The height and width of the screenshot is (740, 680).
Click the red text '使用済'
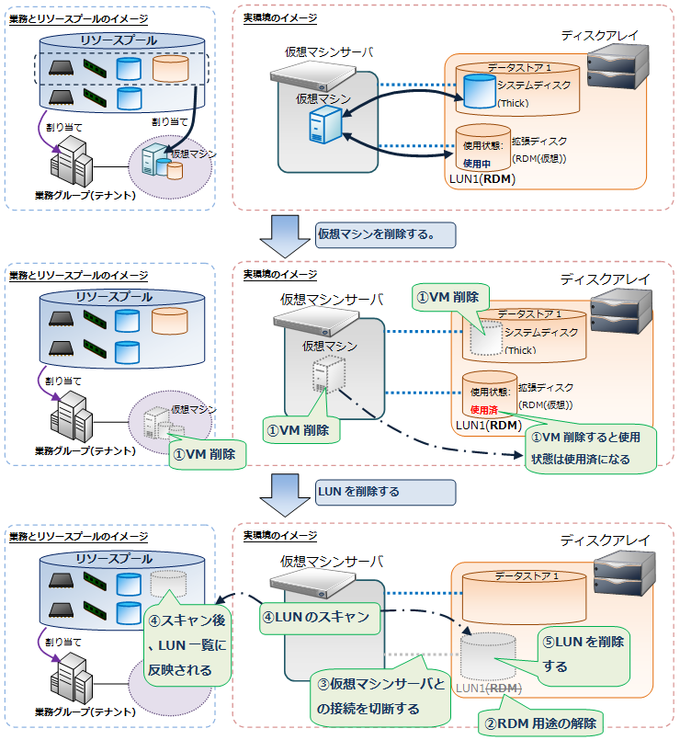483,409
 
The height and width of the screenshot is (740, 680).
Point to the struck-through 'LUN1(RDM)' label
489,689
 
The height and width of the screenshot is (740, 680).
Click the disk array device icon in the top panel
609,62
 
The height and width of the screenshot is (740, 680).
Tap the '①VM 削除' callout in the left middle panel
208,454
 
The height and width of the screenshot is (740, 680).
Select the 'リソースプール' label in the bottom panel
113,559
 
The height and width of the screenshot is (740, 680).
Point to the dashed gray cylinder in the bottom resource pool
167,582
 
